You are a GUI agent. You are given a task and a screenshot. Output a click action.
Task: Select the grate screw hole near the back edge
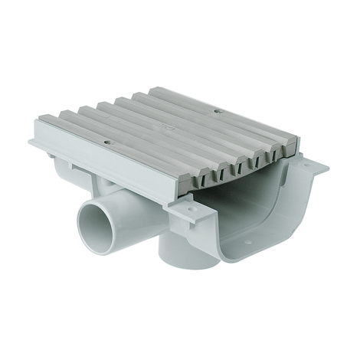coord(218,112)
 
